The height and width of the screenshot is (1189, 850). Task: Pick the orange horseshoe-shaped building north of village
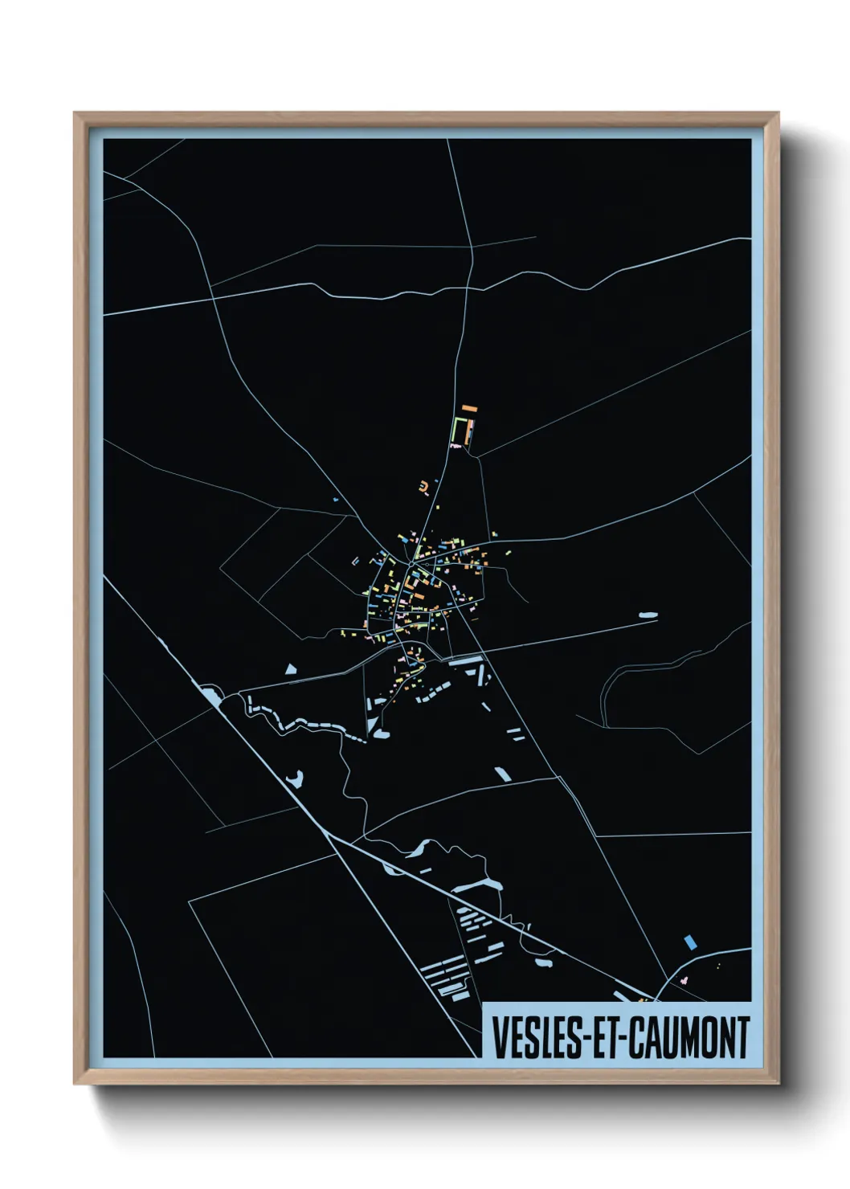click(423, 485)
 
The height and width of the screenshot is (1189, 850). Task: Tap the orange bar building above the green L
click(469, 410)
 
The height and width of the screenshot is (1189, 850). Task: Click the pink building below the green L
click(456, 444)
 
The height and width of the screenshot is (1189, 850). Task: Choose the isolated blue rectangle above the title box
click(689, 942)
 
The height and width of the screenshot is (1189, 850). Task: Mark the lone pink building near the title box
click(684, 980)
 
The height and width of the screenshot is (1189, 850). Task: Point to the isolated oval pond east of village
click(648, 616)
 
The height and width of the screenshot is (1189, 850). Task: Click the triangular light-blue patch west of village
click(291, 668)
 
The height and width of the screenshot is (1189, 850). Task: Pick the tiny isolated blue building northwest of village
click(334, 501)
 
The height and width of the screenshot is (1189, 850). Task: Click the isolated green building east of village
click(508, 552)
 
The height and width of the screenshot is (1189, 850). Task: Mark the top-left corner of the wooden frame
click(75, 113)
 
